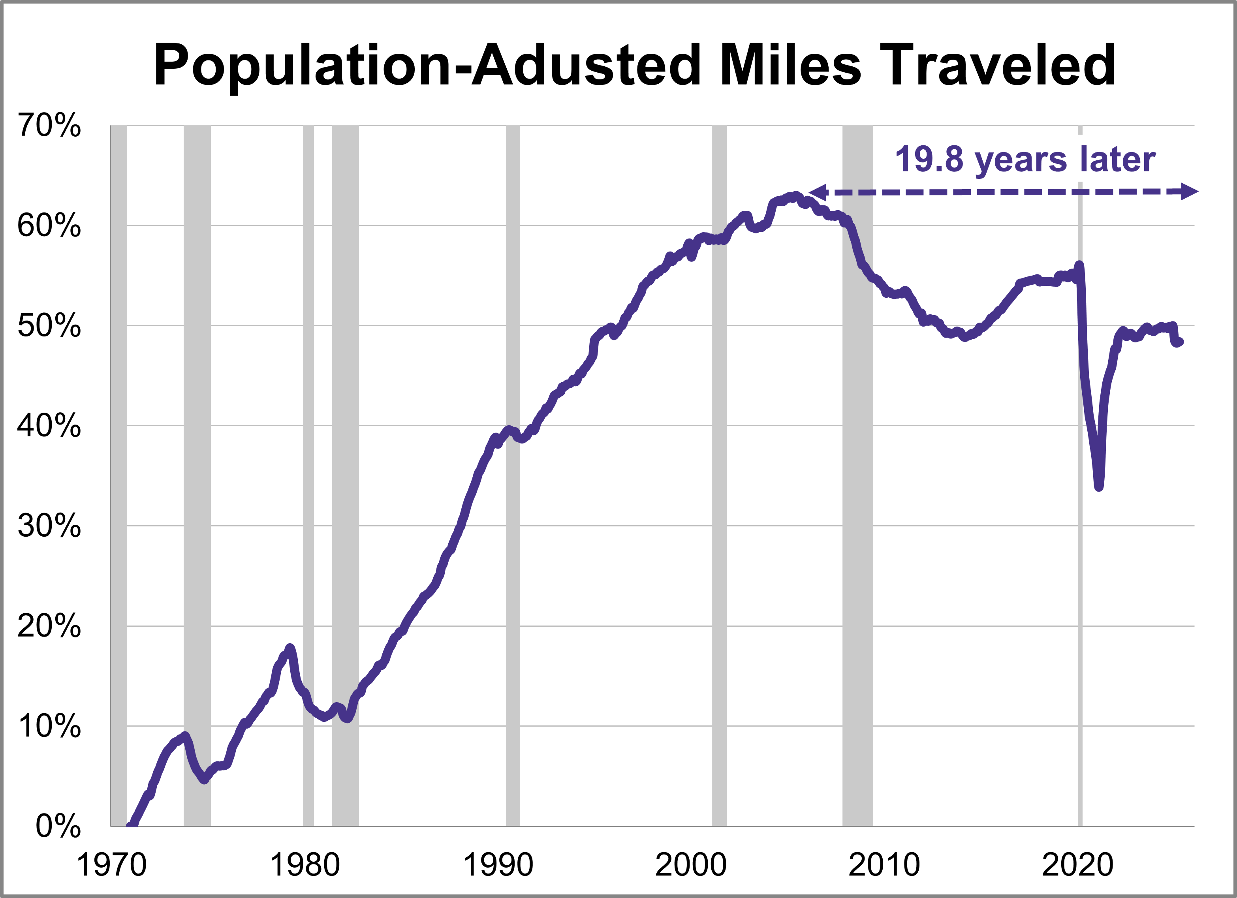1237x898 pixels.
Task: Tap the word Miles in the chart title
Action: click(x=791, y=66)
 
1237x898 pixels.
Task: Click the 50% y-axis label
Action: click(x=49, y=326)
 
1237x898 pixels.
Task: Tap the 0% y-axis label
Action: click(x=58, y=827)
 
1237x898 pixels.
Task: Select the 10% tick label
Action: click(x=49, y=726)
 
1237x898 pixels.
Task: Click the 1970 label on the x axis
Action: click(x=112, y=865)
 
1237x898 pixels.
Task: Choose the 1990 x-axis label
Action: click(x=498, y=865)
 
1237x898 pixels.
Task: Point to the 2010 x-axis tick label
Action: click(x=884, y=865)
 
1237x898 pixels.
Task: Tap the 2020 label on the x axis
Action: click(x=1077, y=865)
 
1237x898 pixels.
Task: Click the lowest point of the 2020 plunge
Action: click(x=1099, y=487)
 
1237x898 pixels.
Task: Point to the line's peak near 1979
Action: click(x=290, y=647)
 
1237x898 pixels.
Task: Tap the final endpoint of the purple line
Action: click(x=1180, y=342)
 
